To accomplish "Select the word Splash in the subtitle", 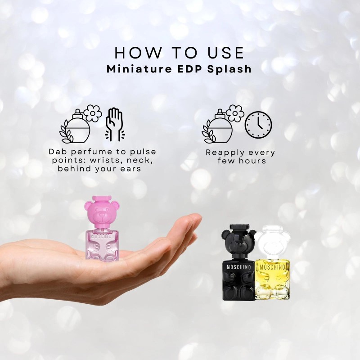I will [x=234, y=70].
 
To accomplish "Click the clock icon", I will [x=258, y=124].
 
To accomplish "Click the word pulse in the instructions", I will [x=141, y=152].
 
